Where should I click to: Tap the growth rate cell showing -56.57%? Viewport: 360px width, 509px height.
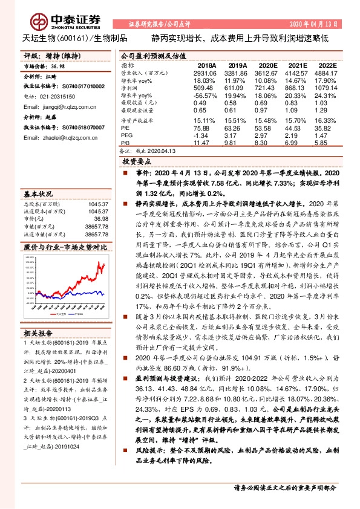205,96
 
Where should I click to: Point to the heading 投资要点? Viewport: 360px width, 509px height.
136,161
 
